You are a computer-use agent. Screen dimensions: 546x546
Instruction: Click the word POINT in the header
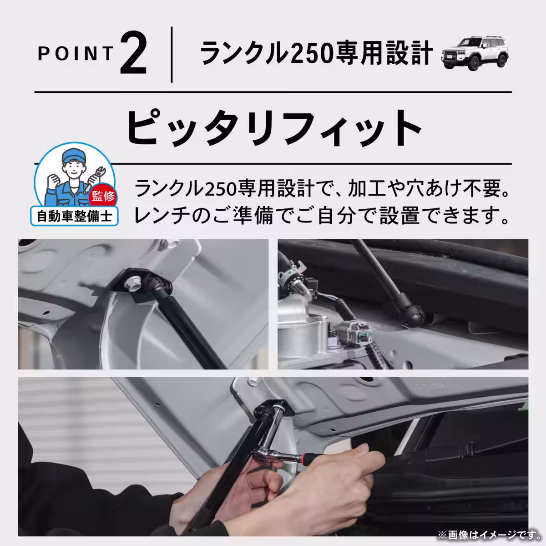(x=75, y=54)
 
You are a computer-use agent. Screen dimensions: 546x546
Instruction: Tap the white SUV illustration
(x=475, y=54)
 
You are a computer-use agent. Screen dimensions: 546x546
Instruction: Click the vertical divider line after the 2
(x=172, y=55)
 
